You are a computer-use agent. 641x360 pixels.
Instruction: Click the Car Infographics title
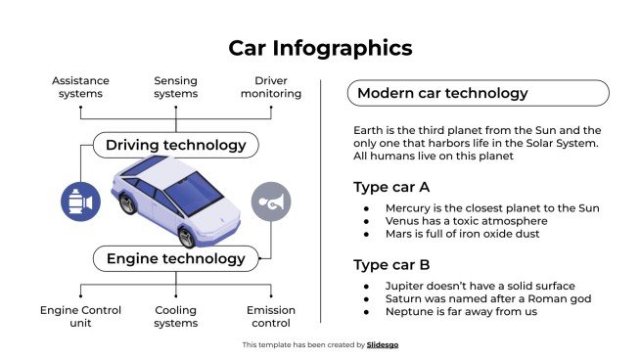coord(320,48)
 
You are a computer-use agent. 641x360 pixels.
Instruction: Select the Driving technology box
coord(176,146)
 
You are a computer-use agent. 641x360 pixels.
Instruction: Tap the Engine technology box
coord(176,259)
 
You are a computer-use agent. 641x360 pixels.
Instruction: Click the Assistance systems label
coord(80,87)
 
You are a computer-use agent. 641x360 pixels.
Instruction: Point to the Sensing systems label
coord(176,87)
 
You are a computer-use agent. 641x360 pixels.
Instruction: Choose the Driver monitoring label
coord(270,87)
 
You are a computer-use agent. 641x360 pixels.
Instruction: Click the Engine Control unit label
coord(80,316)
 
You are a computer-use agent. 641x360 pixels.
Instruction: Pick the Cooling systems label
coord(176,316)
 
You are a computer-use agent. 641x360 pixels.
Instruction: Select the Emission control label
coord(270,316)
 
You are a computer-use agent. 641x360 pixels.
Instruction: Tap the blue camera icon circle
coord(80,202)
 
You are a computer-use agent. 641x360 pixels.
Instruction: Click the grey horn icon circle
coord(271,202)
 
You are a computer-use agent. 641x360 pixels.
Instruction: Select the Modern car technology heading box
coord(479,94)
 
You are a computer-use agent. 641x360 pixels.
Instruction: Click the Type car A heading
coord(391,187)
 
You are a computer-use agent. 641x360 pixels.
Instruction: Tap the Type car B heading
coord(391,263)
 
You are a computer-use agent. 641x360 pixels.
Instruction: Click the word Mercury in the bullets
coord(408,208)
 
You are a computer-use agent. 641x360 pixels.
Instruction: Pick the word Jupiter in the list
coord(405,285)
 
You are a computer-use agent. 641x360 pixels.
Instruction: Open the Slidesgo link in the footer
coord(382,345)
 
